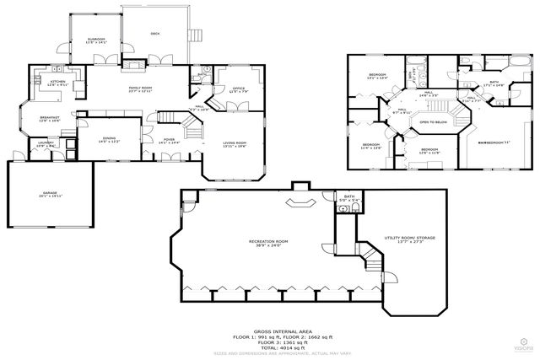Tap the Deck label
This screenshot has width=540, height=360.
154,34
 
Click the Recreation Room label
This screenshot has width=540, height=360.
268,243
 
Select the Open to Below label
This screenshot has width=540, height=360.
433,121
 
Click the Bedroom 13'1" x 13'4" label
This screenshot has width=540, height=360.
376,76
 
